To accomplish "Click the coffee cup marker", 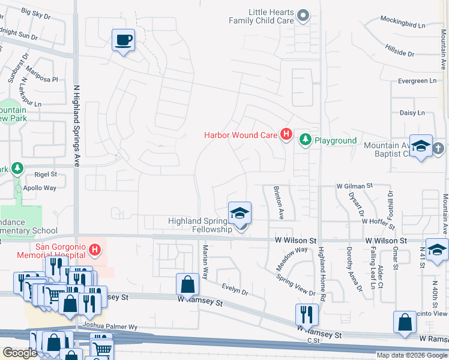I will point(123,41).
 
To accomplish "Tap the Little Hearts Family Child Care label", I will point(261,16).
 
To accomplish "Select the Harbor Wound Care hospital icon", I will point(286,135).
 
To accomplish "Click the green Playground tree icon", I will point(306,140).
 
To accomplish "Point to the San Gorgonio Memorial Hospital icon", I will point(94,248).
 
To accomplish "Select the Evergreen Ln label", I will point(420,81).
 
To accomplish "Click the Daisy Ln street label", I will point(412,113).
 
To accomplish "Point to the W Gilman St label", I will point(355,186).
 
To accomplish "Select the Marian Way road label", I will point(205,262).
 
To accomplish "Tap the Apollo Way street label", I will point(41,188).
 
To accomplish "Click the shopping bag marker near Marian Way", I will point(188,284).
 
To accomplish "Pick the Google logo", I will point(20,353).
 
